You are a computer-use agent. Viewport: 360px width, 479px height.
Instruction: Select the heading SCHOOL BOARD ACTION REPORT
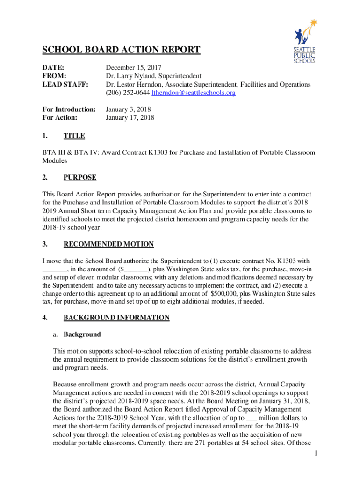coord(122,50)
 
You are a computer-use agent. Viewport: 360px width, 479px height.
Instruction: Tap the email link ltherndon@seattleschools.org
coord(194,93)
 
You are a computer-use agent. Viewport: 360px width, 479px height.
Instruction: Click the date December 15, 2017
coord(134,67)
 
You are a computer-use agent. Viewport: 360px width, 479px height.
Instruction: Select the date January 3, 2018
coord(128,109)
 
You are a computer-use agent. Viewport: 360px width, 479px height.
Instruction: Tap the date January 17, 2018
coord(130,118)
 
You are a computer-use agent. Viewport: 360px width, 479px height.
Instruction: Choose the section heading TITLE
coord(74,136)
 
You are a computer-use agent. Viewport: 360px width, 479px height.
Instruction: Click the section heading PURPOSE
coord(80,178)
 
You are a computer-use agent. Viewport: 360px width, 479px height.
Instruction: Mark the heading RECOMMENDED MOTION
coord(108,244)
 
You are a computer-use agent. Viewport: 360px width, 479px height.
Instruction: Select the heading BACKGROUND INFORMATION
coord(116,318)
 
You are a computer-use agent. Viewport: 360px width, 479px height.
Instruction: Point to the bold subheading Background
coord(82,334)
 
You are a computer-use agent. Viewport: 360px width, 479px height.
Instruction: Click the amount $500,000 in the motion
coord(226,293)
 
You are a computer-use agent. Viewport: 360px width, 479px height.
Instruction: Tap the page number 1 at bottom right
coord(316,454)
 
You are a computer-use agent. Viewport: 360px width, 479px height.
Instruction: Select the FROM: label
coord(54,76)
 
